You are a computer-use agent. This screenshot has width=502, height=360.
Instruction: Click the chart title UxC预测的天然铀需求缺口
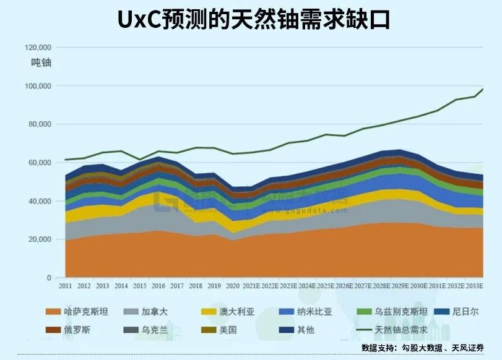251,19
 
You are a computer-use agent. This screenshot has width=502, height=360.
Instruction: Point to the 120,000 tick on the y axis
38,48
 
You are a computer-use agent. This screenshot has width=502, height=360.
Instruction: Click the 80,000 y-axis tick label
40,124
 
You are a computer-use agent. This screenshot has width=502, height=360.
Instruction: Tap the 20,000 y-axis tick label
40,239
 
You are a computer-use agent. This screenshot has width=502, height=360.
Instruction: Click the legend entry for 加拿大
151,312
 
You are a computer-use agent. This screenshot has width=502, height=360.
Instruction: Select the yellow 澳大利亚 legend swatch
207,312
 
